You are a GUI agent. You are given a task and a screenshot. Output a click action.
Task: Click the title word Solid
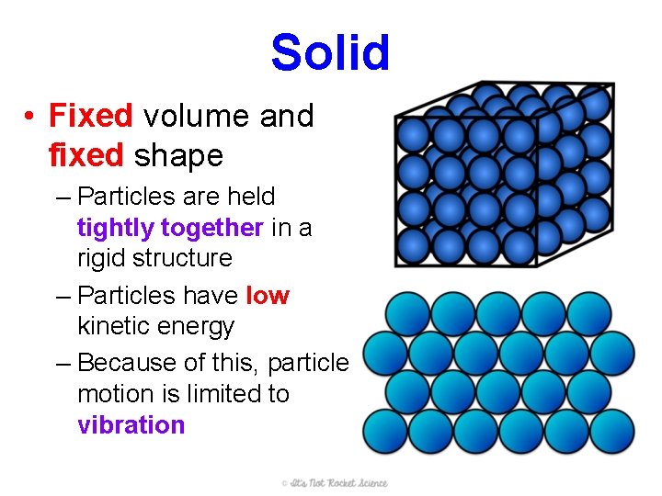click(x=330, y=53)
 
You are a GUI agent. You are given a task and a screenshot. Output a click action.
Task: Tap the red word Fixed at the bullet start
click(x=91, y=117)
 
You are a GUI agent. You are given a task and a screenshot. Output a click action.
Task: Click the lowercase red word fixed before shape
click(x=86, y=156)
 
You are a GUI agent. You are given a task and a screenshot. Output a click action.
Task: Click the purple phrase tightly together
click(x=171, y=227)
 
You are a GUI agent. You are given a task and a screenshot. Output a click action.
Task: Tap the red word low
click(x=268, y=296)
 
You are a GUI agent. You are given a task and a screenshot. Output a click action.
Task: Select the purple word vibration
click(x=131, y=425)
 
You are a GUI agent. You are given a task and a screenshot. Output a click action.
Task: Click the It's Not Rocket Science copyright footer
click(x=334, y=483)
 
